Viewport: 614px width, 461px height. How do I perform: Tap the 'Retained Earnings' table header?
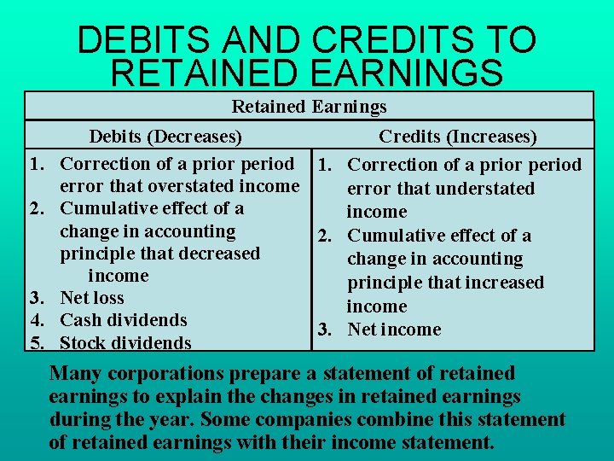(x=309, y=107)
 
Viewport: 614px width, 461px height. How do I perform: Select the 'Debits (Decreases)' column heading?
(x=165, y=137)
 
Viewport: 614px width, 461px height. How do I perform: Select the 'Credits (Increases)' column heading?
(x=458, y=137)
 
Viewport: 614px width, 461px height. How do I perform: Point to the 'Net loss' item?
(x=92, y=298)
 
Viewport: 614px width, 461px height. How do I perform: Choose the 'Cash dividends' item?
(x=123, y=320)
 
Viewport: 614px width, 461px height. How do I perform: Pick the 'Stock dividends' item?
(x=125, y=343)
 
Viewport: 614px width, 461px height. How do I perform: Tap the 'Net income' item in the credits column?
(x=394, y=330)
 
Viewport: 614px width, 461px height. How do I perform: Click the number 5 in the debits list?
(x=36, y=343)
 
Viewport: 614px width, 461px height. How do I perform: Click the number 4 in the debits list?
(x=36, y=320)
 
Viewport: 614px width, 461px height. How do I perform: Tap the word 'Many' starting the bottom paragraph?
(x=72, y=373)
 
